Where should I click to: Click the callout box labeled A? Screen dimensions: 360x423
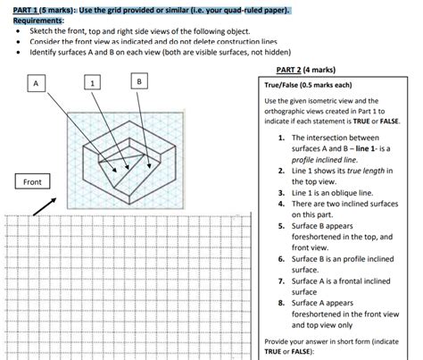[x=36, y=82]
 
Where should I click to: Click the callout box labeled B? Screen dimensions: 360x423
[x=139, y=82]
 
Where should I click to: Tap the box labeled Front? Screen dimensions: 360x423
[x=33, y=182]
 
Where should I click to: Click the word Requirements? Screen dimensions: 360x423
[x=38, y=19]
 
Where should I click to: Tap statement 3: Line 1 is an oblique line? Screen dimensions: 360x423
[x=334, y=192]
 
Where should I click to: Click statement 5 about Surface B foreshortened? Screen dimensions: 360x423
[x=340, y=237]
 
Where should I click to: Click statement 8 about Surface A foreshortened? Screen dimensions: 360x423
[x=340, y=314]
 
